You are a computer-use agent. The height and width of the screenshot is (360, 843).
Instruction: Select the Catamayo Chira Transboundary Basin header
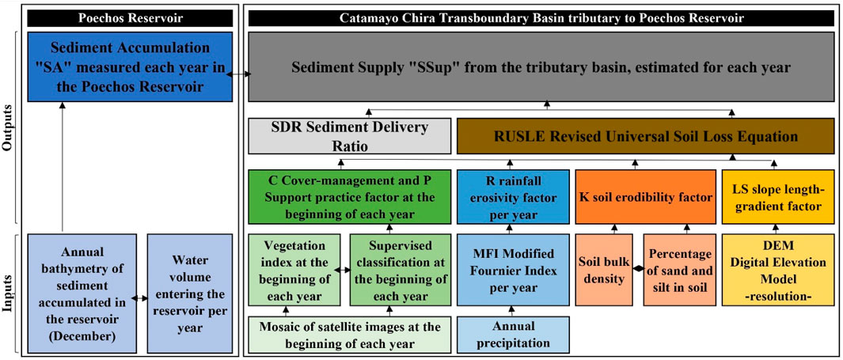[x=541, y=17]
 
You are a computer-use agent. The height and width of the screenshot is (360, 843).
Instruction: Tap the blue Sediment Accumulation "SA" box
[x=131, y=66]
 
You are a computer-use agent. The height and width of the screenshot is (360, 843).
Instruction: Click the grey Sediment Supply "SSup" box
[x=541, y=67]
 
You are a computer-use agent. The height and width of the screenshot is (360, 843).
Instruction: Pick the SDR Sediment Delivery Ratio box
[x=349, y=136]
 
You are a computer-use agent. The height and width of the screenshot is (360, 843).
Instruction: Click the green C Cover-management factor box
[x=349, y=196]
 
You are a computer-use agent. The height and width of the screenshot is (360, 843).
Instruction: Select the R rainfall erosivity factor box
[x=513, y=196]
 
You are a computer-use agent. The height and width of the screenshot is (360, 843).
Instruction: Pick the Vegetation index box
[x=294, y=270]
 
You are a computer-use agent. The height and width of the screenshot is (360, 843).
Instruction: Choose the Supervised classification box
[x=401, y=270]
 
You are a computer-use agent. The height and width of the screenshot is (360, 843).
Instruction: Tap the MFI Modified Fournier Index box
[x=513, y=270]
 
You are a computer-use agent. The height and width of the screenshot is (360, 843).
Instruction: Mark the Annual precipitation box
[x=513, y=335]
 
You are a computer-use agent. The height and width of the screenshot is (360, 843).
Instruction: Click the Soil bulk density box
[x=606, y=270]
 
